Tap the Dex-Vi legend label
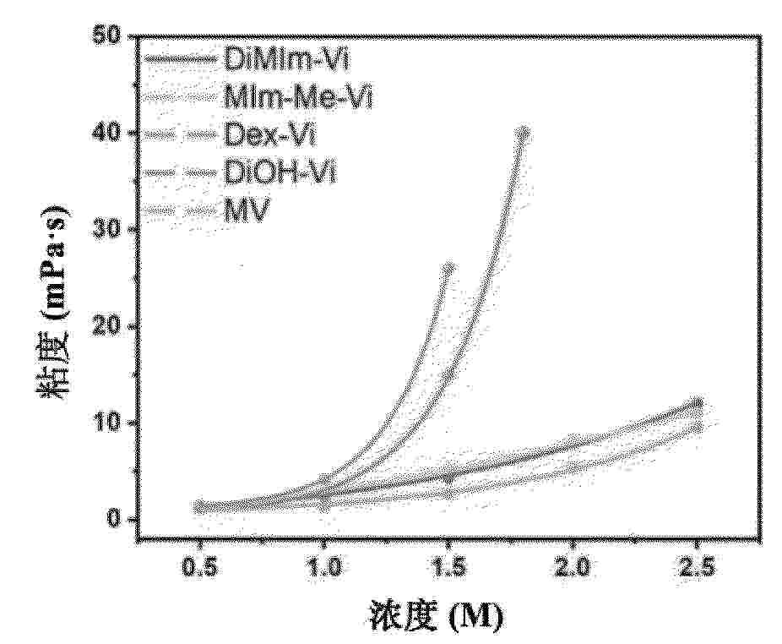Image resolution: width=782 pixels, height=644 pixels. pyautogui.click(x=269, y=134)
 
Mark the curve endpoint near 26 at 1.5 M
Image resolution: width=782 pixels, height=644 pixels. pyautogui.click(x=448, y=269)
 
